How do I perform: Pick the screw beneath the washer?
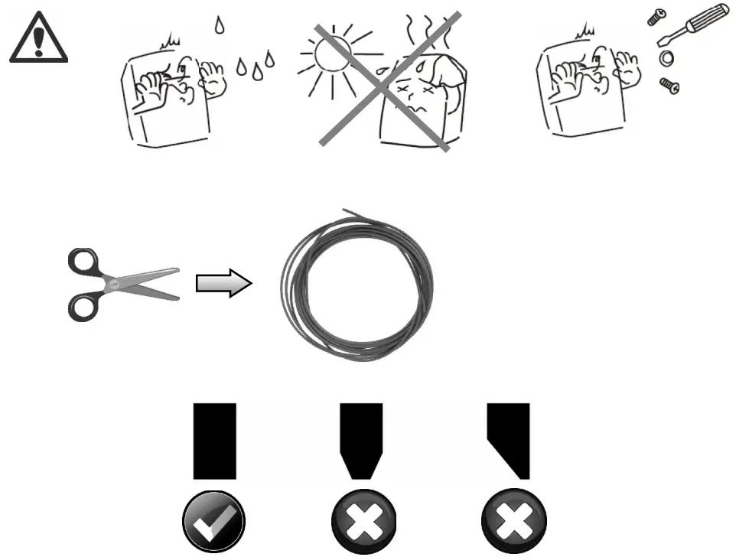669,86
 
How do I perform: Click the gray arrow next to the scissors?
223,285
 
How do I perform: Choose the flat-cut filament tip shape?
215,441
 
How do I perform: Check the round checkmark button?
213,523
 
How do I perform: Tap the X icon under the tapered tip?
363,523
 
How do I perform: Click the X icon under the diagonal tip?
513,523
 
